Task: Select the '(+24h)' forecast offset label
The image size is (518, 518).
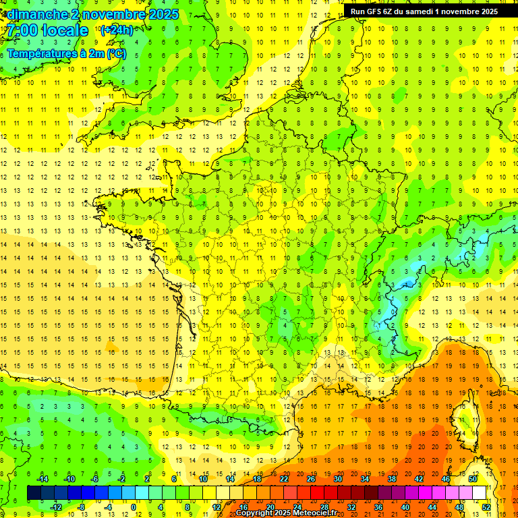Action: point(116,30)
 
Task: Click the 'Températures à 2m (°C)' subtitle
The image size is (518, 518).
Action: point(66,53)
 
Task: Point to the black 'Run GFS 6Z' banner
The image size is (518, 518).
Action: point(424,11)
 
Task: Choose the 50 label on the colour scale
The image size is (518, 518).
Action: point(473,479)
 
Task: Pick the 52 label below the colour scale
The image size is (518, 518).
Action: point(486,507)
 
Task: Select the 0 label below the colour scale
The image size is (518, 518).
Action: point(133,507)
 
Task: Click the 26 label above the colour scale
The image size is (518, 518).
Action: point(311,479)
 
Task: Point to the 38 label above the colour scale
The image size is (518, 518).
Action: point(392,479)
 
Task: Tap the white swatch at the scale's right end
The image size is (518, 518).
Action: point(480,493)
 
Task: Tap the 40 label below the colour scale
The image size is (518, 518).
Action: point(405,507)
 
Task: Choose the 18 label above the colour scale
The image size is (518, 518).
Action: point(257,479)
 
